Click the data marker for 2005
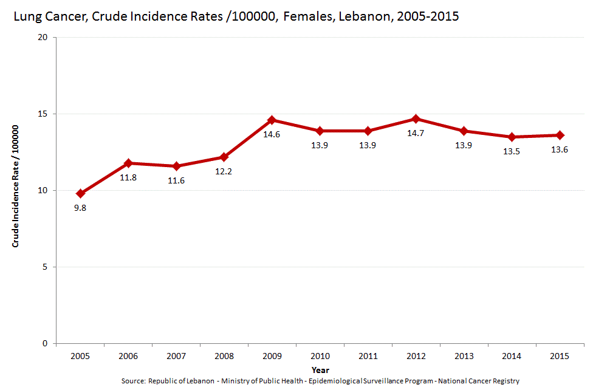coord(80,194)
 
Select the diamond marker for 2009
coord(272,120)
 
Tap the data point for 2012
coord(416,118)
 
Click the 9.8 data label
coord(80,208)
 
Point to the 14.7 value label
coord(416,133)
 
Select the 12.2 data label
coord(224,171)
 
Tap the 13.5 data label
coord(512,151)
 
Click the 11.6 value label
coord(176,180)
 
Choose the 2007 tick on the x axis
coord(176,355)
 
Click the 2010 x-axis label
coord(320,355)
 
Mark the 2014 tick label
coord(512,355)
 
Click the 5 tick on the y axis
coord(46,267)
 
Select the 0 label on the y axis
coord(46,344)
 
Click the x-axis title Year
coord(320,369)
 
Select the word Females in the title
coord(306,17)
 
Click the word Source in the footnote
coord(132,381)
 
